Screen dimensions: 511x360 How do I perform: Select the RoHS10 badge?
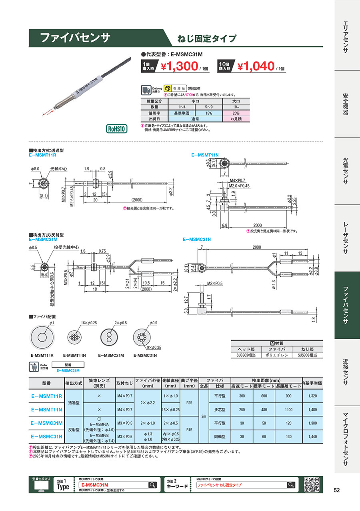tap(116, 129)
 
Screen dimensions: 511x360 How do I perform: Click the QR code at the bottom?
tap(312, 485)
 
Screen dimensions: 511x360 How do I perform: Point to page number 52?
tap(337, 490)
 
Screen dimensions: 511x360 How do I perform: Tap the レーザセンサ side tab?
tap(347, 238)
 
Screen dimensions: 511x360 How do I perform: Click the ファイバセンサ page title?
tap(75, 38)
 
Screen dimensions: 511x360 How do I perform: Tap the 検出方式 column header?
tap(73, 383)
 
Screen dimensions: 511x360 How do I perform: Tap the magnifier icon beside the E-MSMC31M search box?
tap(152, 485)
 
